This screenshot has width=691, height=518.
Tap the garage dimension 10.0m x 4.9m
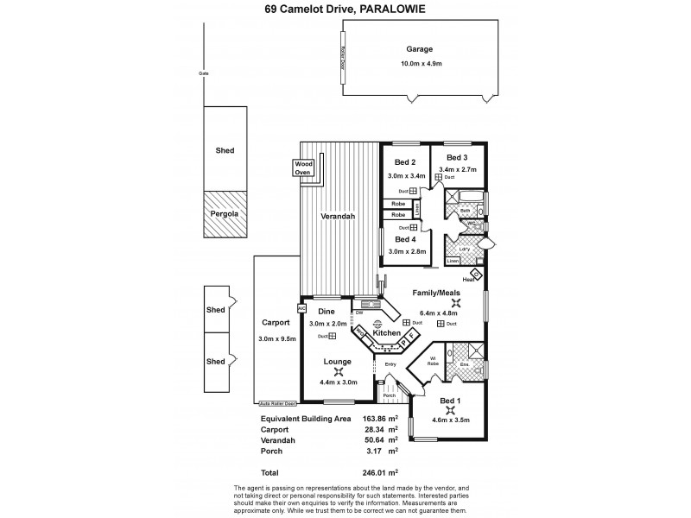[421, 64]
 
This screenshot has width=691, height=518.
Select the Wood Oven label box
[302, 167]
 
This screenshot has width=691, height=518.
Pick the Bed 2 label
[405, 162]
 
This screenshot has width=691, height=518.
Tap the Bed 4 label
[405, 239]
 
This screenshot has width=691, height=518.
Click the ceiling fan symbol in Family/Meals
[445, 302]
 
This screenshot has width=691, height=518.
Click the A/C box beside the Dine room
[301, 308]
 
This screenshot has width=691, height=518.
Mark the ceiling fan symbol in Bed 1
[450, 411]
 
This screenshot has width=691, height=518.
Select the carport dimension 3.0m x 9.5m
[276, 338]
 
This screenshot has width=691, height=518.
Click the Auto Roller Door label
[276, 403]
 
